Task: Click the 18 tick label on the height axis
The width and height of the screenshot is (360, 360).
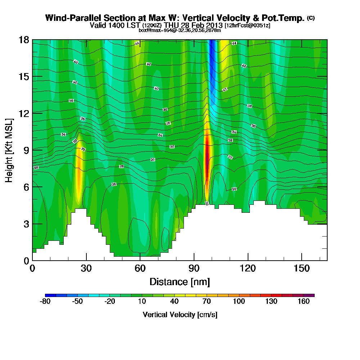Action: pos(24,40)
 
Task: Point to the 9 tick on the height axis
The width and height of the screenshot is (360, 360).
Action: pos(32,150)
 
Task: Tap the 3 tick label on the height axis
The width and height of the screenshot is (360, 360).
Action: pos(26,224)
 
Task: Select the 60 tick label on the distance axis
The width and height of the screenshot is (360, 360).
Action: pos(140,269)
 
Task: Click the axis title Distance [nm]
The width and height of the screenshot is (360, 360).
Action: pos(180,282)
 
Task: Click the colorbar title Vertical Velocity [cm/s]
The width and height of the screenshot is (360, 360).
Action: pos(180,315)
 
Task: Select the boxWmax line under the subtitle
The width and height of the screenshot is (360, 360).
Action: pos(180,30)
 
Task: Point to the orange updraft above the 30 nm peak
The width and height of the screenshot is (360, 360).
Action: pos(79,169)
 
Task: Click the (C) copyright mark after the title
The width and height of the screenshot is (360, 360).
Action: pos(311,18)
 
